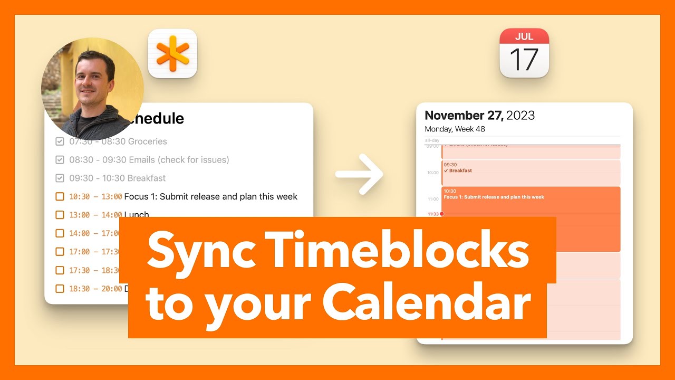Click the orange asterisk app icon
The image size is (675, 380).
coord(172,54)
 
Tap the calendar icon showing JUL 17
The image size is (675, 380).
coord(524,53)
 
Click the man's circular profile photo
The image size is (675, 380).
coord(92,89)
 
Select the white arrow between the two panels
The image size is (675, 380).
coord(360,175)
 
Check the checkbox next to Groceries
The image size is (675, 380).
coord(60,141)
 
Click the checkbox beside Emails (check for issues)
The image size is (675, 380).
coord(60,160)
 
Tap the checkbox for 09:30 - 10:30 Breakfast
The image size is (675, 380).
coord(60,178)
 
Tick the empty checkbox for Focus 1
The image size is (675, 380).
coord(60,197)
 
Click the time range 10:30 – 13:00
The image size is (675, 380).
coord(95,197)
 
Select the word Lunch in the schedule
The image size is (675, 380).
coord(137,214)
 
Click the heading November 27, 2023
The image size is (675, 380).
coord(479,116)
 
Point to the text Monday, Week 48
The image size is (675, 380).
coord(455,129)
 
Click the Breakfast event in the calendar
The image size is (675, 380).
coord(460,171)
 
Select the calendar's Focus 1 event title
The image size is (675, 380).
coord(494,197)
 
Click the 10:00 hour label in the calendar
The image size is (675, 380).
coord(432,173)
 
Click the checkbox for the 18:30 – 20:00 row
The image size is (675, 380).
coord(60,289)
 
